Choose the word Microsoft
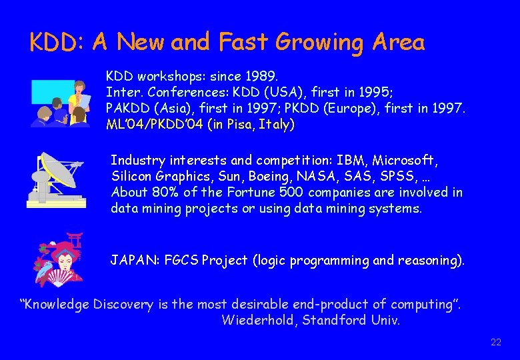[408, 161]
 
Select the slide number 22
[495, 343]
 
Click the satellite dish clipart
[56, 179]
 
